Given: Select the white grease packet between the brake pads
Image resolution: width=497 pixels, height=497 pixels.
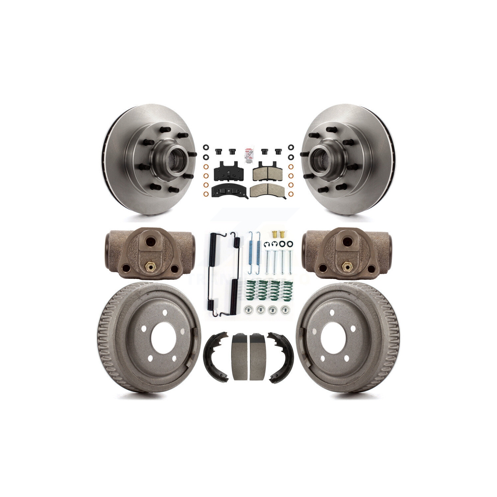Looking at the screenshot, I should [x=248, y=154].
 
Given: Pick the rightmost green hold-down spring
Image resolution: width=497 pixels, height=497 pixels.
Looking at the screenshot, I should [x=285, y=290].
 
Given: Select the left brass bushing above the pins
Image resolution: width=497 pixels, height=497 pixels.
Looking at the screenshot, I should [x=274, y=235].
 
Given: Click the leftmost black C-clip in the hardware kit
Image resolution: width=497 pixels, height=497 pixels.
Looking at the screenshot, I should [x=266, y=245].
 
